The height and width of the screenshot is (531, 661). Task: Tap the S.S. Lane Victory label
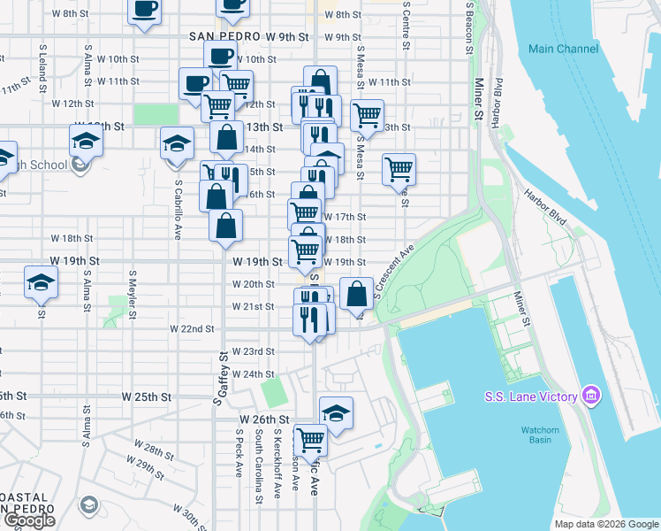[529, 396]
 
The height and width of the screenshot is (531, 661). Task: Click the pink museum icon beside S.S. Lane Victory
[590, 396]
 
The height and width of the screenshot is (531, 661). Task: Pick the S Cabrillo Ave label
[178, 213]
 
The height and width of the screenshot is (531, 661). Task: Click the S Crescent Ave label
[393, 273]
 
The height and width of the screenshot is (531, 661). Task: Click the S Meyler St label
[133, 295]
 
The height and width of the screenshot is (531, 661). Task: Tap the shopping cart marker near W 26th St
[310, 438]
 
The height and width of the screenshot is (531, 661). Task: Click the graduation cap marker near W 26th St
[336, 412]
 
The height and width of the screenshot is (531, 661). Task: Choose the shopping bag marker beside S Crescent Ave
[356, 292]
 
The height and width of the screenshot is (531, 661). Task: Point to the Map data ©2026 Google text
[605, 524]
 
